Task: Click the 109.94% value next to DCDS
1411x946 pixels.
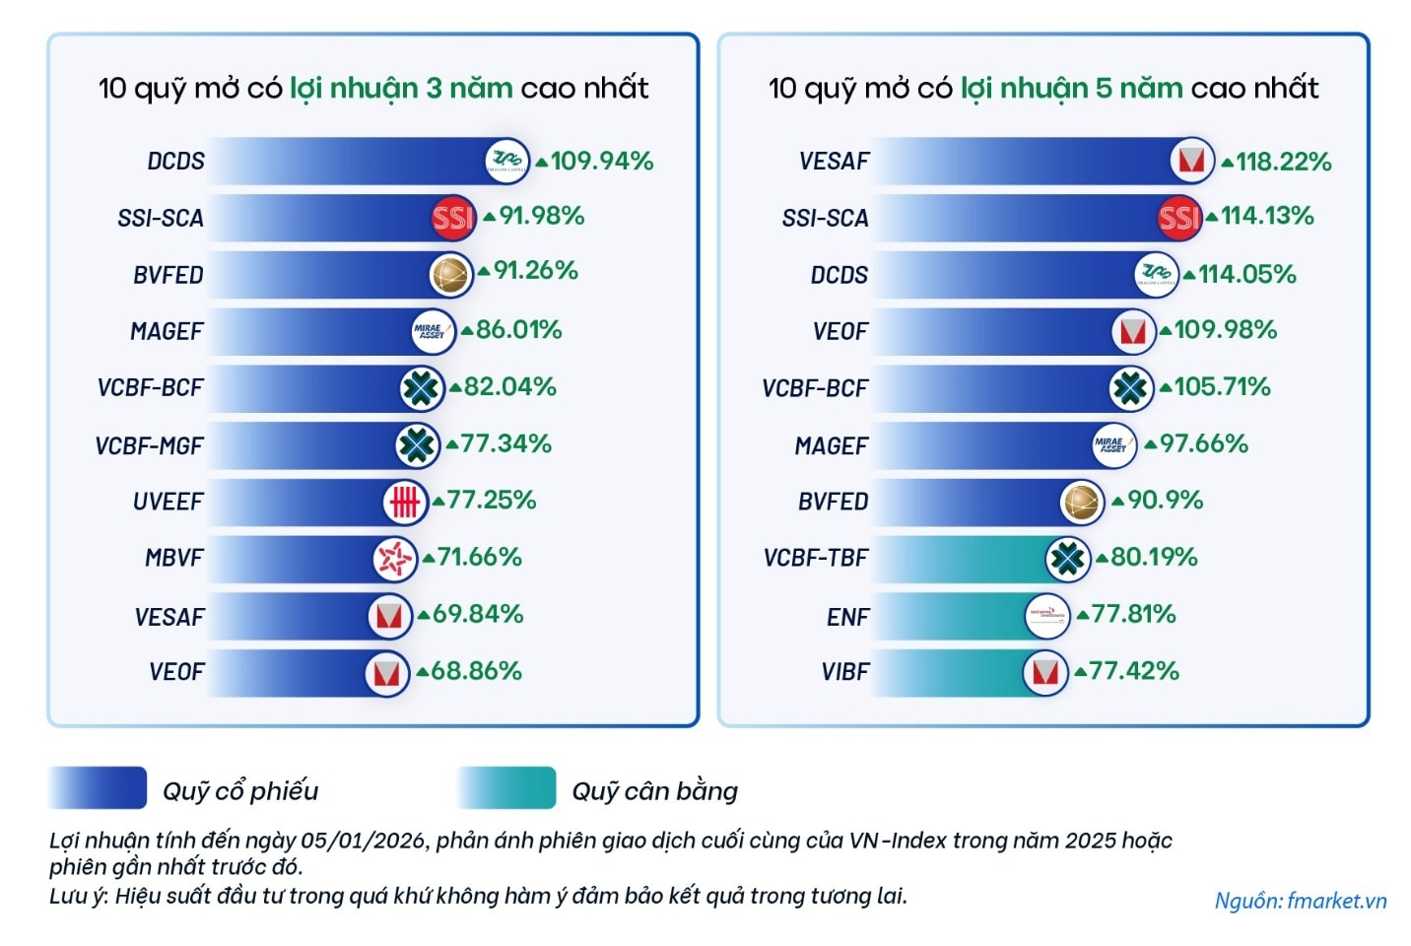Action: (x=601, y=161)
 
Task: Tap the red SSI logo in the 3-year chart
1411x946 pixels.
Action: (x=453, y=218)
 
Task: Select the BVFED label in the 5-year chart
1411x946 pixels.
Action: (x=834, y=502)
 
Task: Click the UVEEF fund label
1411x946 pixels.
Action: (x=168, y=502)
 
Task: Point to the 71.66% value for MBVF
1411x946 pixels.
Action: (x=479, y=558)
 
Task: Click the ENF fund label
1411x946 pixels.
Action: (x=847, y=617)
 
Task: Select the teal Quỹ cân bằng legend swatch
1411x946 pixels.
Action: (x=506, y=788)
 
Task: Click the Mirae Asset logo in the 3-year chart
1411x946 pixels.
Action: (x=432, y=331)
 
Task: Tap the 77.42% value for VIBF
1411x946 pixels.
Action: (x=1133, y=671)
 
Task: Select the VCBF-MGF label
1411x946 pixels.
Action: (x=149, y=446)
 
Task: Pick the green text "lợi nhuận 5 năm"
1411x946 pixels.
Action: (x=1071, y=88)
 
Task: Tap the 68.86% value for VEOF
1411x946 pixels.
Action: (x=476, y=671)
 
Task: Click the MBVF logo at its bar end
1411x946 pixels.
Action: (x=394, y=560)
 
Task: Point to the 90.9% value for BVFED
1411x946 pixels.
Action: (x=1165, y=501)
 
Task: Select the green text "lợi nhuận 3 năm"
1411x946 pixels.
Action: (x=401, y=88)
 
